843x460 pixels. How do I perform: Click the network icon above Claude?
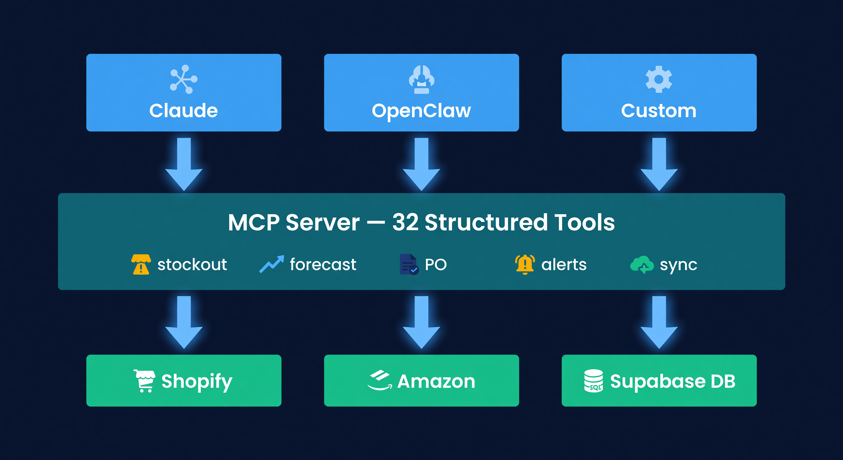click(184, 79)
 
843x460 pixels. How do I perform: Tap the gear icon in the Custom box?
click(658, 79)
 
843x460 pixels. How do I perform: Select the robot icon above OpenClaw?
click(421, 80)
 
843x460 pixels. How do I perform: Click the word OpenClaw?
click(421, 111)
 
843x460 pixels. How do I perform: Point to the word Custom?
click(658, 111)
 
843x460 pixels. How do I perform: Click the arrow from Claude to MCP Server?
click(184, 164)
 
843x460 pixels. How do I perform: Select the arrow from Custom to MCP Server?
click(659, 164)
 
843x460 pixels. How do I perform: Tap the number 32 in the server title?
click(405, 223)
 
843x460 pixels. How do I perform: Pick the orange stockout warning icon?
click(141, 264)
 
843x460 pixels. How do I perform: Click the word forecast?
click(323, 264)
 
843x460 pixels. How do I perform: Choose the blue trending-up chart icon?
click(271, 264)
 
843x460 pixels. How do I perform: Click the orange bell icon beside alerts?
click(525, 264)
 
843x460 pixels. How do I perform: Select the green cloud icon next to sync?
click(642, 264)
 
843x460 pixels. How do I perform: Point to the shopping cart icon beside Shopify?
click(144, 381)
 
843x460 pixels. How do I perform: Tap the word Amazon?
click(436, 382)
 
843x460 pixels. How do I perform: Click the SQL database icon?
click(593, 381)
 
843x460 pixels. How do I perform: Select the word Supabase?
click(658, 382)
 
